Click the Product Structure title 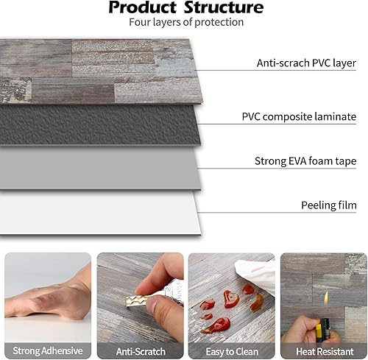pyautogui.click(x=185, y=8)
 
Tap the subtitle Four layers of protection pyautogui.click(x=185, y=22)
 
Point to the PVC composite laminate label pyautogui.click(x=299, y=116)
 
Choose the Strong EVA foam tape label pyautogui.click(x=305, y=160)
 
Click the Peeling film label pyautogui.click(x=328, y=204)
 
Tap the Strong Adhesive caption pyautogui.click(x=46, y=350)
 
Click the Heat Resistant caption pyautogui.click(x=322, y=350)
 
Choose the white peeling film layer pyautogui.click(x=110, y=213)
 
